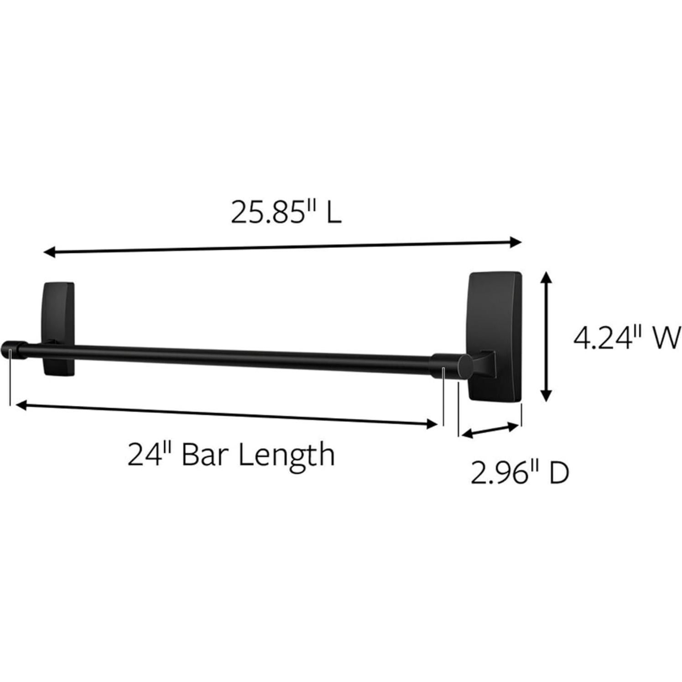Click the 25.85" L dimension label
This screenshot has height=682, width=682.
286,212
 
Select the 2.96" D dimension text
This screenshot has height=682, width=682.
520,473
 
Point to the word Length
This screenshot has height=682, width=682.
287,456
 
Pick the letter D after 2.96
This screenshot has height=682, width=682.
559,473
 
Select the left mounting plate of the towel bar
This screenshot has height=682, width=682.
58,328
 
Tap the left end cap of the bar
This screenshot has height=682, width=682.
10,349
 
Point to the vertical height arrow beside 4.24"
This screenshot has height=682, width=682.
546,337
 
